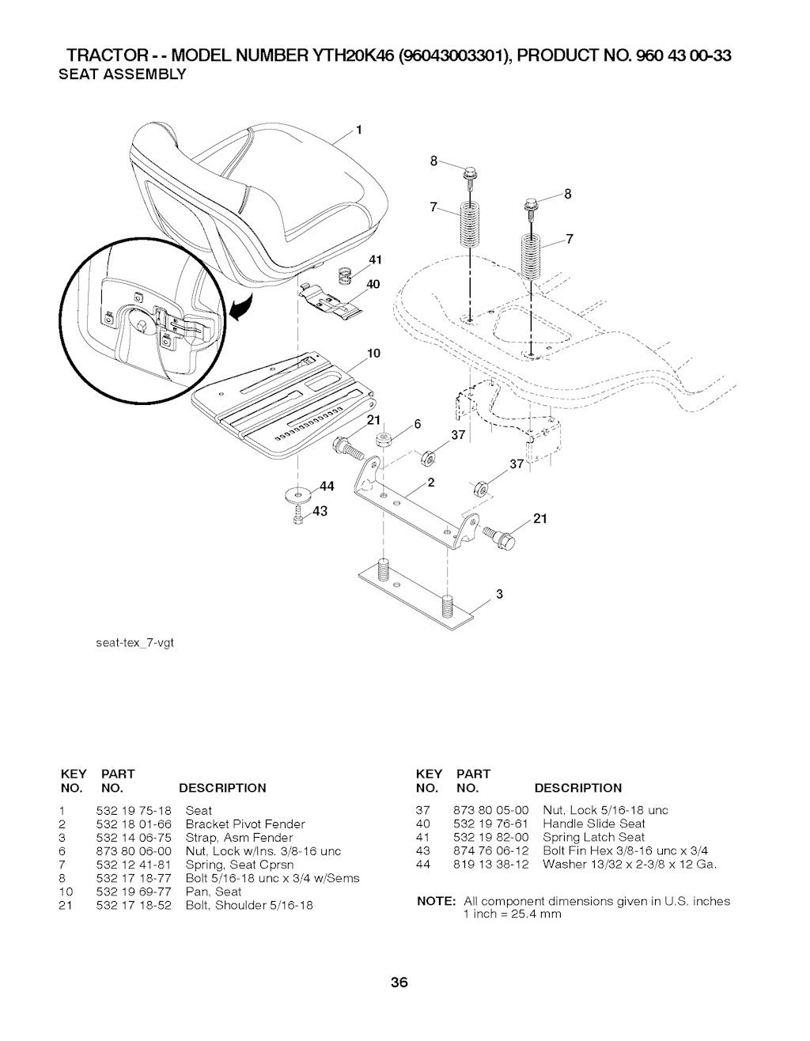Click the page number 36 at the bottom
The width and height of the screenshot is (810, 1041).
coord(398,983)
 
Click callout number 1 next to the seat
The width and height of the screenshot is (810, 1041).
coord(358,131)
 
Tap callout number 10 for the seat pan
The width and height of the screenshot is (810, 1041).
coord(375,353)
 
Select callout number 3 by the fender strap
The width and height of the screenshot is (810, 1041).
coord(499,594)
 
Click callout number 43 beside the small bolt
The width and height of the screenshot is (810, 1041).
coord(320,511)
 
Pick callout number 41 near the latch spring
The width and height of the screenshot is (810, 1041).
coord(375,259)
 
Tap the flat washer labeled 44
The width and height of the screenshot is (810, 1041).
coord(300,496)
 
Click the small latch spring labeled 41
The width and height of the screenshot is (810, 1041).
coord(345,275)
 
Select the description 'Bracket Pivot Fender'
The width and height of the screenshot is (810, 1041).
coord(244,824)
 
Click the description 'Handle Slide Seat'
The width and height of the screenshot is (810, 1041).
coord(594,823)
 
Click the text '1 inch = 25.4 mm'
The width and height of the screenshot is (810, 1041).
coord(512,914)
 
